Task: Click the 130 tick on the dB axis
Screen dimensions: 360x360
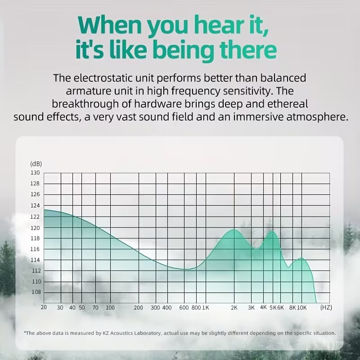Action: [35, 173]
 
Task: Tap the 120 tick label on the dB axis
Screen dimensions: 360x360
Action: [35, 228]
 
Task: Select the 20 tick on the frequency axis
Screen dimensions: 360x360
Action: [44, 307]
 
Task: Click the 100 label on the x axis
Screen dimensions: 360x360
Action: [110, 307]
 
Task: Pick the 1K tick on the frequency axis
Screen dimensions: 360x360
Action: [206, 308]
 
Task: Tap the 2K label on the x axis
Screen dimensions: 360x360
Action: [234, 308]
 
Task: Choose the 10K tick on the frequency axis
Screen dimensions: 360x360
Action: [301, 308]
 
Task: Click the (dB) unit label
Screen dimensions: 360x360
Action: [36, 164]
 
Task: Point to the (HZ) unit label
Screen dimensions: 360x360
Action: [326, 307]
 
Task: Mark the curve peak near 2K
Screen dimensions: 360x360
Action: [234, 229]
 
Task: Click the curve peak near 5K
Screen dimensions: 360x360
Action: [272, 231]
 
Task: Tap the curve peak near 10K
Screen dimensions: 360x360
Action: [301, 258]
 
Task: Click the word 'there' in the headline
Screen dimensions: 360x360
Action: [248, 50]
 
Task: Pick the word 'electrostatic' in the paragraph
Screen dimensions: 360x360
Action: [114, 78]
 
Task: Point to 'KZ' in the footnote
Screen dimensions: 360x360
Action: [105, 333]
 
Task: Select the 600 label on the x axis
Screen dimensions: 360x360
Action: [184, 308]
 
